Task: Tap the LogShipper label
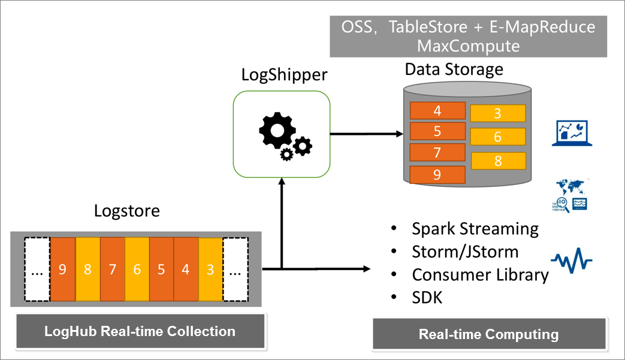click(285, 75)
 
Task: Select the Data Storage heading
click(454, 69)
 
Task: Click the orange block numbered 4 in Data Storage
click(437, 111)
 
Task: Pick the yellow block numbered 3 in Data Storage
click(498, 114)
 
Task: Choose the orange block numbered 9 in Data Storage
click(437, 175)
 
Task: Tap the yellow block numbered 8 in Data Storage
click(498, 161)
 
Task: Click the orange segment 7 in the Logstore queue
click(112, 269)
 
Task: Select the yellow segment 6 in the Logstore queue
click(137, 269)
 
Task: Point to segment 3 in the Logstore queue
click(210, 269)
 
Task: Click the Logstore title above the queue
click(127, 211)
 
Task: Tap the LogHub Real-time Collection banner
click(140, 331)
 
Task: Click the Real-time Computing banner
click(488, 334)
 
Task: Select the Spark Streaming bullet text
click(475, 229)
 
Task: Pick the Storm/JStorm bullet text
click(465, 252)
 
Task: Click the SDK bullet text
click(427, 297)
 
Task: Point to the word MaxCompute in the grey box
click(469, 46)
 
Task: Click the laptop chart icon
click(572, 133)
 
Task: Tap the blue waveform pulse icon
click(572, 260)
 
